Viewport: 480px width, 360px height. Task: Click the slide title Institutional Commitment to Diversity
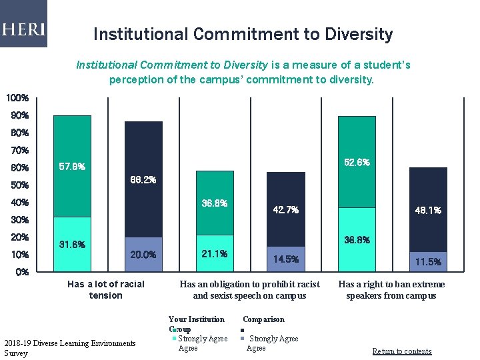pyautogui.click(x=243, y=34)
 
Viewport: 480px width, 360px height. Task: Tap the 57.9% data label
pyautogui.click(x=72, y=166)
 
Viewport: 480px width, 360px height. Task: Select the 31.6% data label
pyautogui.click(x=72, y=244)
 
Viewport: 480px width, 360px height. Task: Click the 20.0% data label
pyautogui.click(x=143, y=254)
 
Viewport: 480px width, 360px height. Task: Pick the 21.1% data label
pyautogui.click(x=214, y=253)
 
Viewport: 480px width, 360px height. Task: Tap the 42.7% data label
pyautogui.click(x=285, y=210)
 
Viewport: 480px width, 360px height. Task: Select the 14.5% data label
pyautogui.click(x=285, y=259)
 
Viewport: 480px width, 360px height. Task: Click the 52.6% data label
pyautogui.click(x=357, y=162)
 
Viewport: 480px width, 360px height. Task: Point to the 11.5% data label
pyautogui.click(x=428, y=261)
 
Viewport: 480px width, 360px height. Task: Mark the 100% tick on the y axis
pyautogui.click(x=17, y=98)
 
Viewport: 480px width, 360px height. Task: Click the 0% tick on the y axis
pyautogui.click(x=21, y=272)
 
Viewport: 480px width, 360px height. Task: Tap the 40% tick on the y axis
pyautogui.click(x=19, y=202)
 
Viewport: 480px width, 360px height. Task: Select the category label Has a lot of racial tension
pyautogui.click(x=106, y=289)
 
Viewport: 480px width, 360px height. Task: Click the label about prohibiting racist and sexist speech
pyautogui.click(x=249, y=289)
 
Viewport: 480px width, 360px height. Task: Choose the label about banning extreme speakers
pyautogui.click(x=391, y=289)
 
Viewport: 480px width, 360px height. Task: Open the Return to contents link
pyautogui.click(x=401, y=351)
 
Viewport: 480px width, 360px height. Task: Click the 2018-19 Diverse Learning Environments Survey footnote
pyautogui.click(x=69, y=347)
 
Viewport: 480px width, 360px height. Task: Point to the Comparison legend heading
pyautogui.click(x=263, y=319)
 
